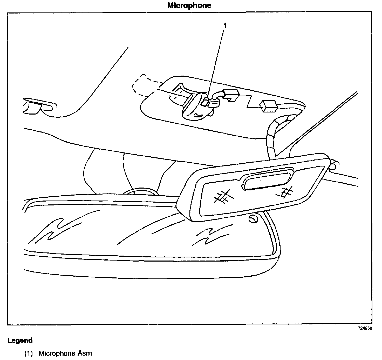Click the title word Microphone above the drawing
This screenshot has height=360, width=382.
(x=189, y=5)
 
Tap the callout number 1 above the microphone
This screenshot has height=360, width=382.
(x=225, y=25)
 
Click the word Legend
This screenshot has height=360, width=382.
(x=20, y=340)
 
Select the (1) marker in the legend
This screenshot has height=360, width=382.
(x=29, y=353)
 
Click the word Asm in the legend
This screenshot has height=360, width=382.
(x=85, y=353)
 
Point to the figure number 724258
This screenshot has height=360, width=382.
(x=365, y=328)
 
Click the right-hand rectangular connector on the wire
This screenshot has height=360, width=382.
(x=269, y=106)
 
